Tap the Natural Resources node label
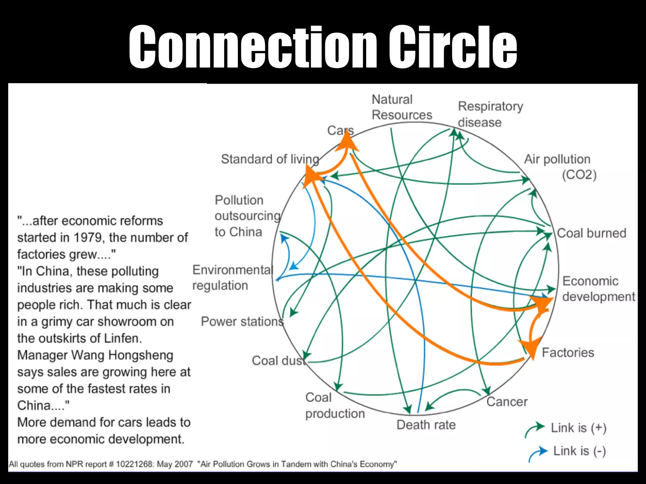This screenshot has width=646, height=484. (x=402, y=107)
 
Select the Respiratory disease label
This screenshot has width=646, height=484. (x=490, y=114)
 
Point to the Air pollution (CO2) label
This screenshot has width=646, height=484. (x=560, y=167)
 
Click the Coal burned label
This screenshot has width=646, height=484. (x=591, y=233)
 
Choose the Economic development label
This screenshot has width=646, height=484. (x=598, y=289)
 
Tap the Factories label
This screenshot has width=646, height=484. (x=568, y=353)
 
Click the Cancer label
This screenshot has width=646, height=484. (x=507, y=402)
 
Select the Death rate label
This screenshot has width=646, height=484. (x=426, y=425)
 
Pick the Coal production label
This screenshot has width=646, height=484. (x=335, y=406)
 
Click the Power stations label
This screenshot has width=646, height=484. (x=242, y=321)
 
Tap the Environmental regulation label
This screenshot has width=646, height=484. (x=232, y=278)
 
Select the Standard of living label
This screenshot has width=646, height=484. (x=270, y=159)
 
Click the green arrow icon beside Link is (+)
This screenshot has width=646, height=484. (x=535, y=429)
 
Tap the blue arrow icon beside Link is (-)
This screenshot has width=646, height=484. (x=538, y=453)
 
